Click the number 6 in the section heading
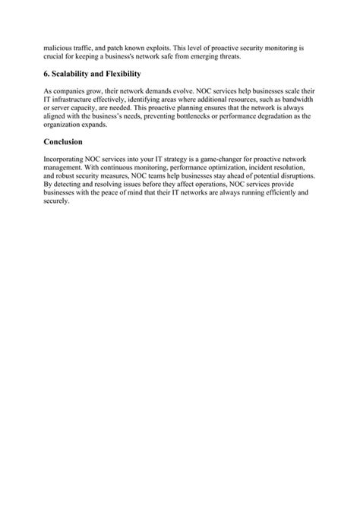[x=48, y=74]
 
